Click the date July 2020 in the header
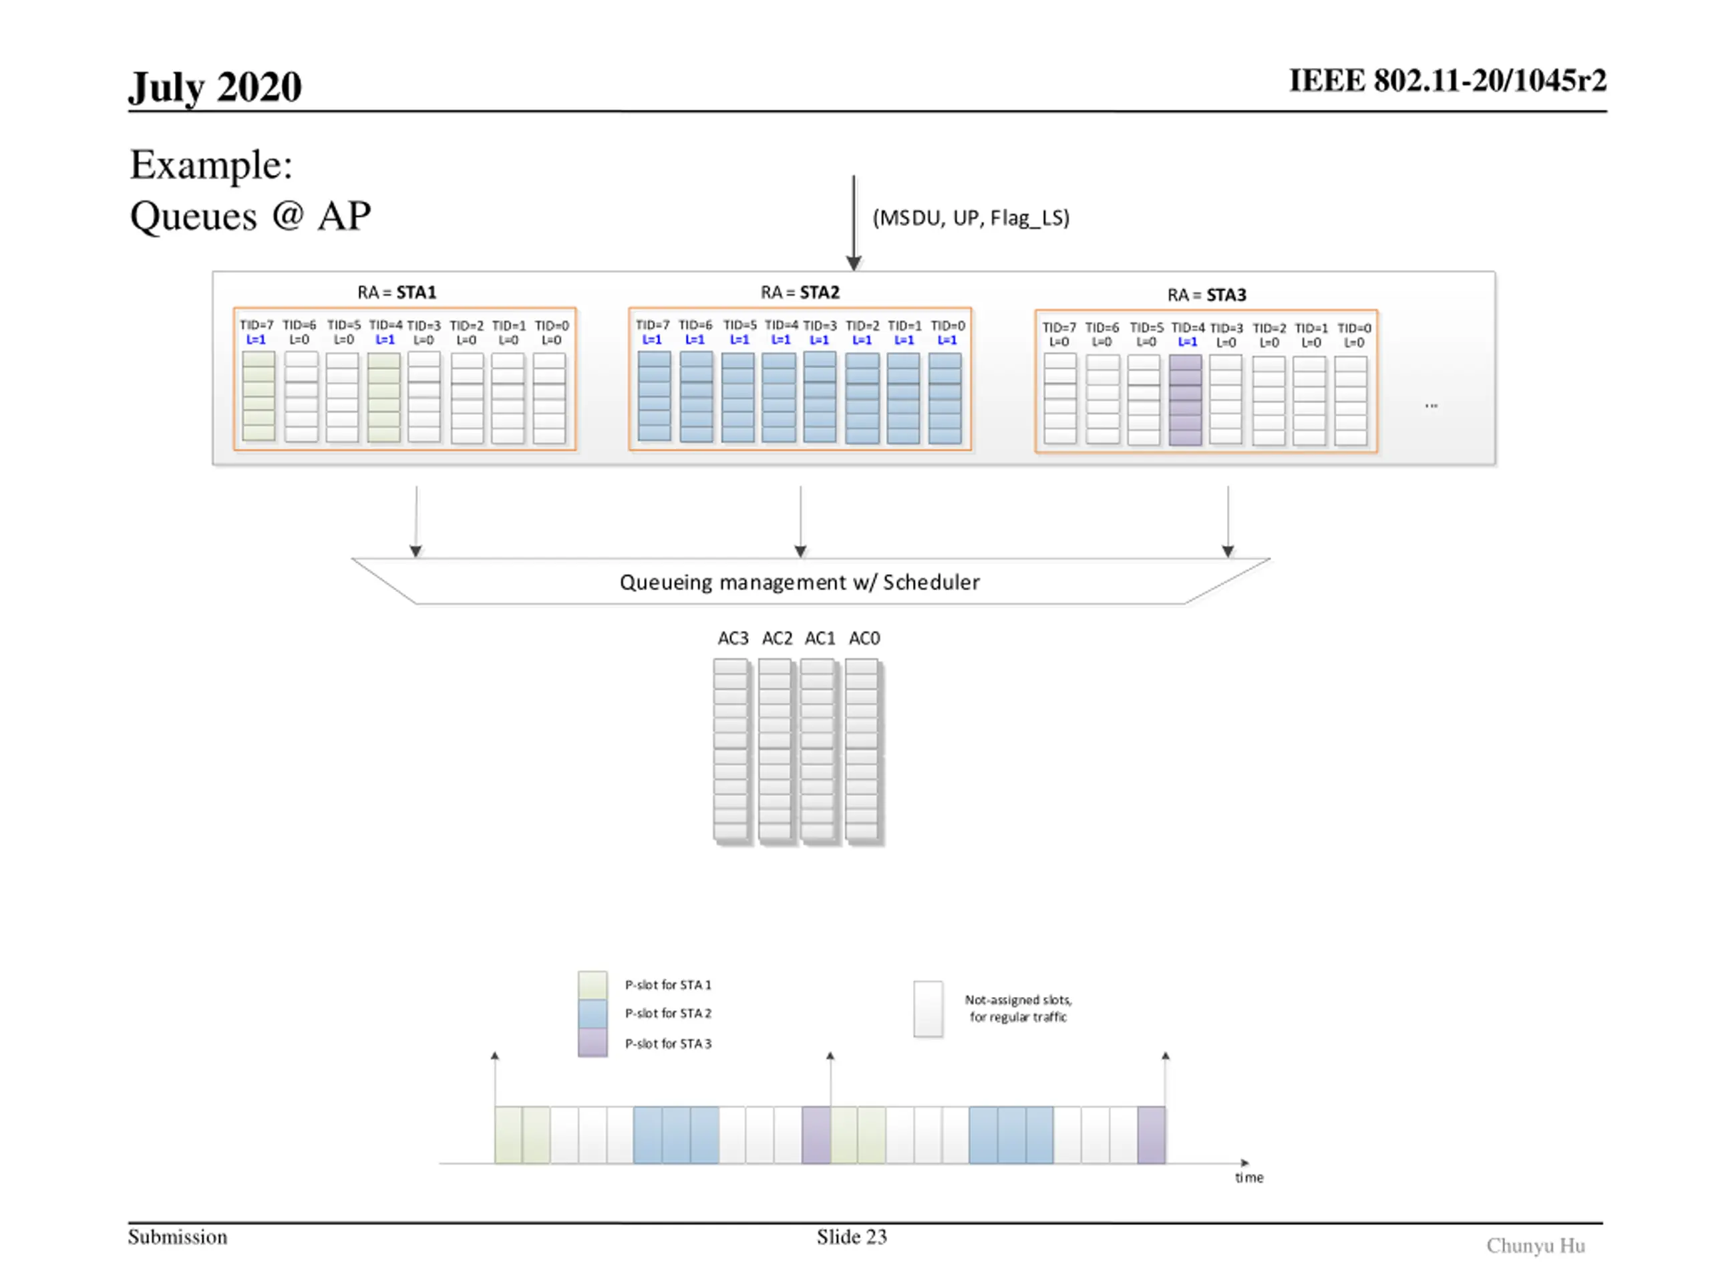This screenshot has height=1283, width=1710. [x=215, y=88]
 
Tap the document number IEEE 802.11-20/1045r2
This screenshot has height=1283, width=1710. [x=1447, y=80]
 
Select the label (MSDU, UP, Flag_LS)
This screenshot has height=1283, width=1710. [x=971, y=218]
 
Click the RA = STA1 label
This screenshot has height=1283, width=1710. [x=397, y=292]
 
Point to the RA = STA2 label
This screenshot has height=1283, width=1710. [x=800, y=292]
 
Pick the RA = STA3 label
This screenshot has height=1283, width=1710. [x=1207, y=295]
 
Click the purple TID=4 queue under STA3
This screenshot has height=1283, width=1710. [x=1185, y=400]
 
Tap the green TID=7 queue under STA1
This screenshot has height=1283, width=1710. [x=259, y=397]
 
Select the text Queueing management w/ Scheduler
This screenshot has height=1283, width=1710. [x=800, y=582]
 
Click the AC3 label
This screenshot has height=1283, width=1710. [x=733, y=638]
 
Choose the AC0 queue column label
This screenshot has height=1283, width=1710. [x=864, y=638]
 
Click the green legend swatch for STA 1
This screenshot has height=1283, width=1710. [x=593, y=985]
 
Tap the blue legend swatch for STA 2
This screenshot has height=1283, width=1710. [x=593, y=1014]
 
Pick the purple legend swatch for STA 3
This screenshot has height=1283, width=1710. [x=593, y=1042]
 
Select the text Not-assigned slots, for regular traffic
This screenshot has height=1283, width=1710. [x=1018, y=1008]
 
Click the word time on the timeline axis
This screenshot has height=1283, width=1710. [x=1248, y=1178]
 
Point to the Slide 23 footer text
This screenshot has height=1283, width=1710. [x=852, y=1237]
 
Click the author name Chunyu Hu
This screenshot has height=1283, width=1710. [x=1535, y=1245]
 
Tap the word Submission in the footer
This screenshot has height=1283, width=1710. [x=178, y=1237]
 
